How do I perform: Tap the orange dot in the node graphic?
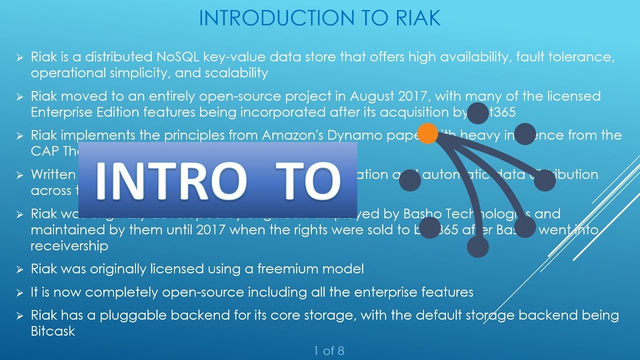(427, 134)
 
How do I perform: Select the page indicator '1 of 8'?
(329, 351)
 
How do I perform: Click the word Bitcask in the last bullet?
(53, 331)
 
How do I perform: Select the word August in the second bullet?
(370, 96)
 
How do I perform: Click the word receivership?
(69, 246)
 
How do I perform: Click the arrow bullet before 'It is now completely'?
(19, 293)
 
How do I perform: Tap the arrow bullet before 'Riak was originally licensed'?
(19, 270)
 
